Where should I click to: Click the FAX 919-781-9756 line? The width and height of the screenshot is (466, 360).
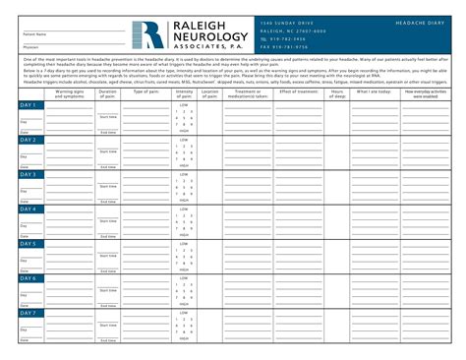pos(286,46)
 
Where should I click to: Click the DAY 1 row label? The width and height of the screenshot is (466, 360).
pos(29,104)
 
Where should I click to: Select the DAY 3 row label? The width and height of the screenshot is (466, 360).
pos(29,174)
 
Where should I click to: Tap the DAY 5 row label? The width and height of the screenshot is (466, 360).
pos(29,243)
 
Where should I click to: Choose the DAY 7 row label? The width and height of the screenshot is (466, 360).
pos(29,312)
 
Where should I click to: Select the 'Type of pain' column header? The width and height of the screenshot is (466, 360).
pos(145,91)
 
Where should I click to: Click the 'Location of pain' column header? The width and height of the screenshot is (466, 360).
pos(209,93)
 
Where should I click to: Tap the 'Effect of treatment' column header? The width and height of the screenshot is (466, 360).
pos(298,91)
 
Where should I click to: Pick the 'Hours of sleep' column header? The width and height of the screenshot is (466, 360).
pos(338,93)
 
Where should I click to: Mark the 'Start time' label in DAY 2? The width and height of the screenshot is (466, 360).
pos(107,151)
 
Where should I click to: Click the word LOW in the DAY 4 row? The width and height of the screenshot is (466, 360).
pos(184,209)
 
